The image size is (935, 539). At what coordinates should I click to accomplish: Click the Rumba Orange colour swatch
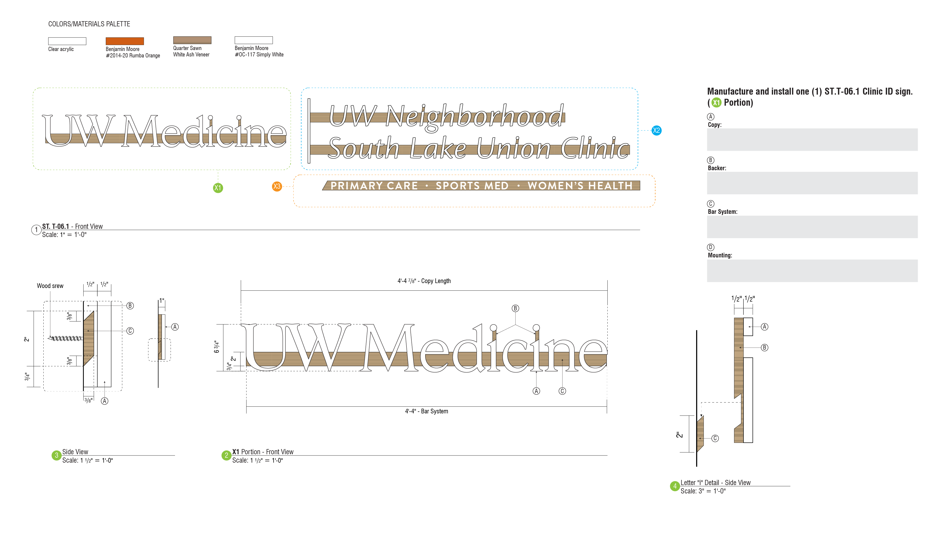tap(124, 41)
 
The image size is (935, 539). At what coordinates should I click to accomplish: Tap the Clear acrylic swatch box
tap(67, 41)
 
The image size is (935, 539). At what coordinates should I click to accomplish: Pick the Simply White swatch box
tap(253, 40)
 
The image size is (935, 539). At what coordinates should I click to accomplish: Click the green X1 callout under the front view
tap(218, 188)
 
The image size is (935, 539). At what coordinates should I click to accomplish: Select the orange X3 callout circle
tap(277, 186)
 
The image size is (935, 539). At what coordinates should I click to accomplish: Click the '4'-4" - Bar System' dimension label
tap(426, 411)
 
